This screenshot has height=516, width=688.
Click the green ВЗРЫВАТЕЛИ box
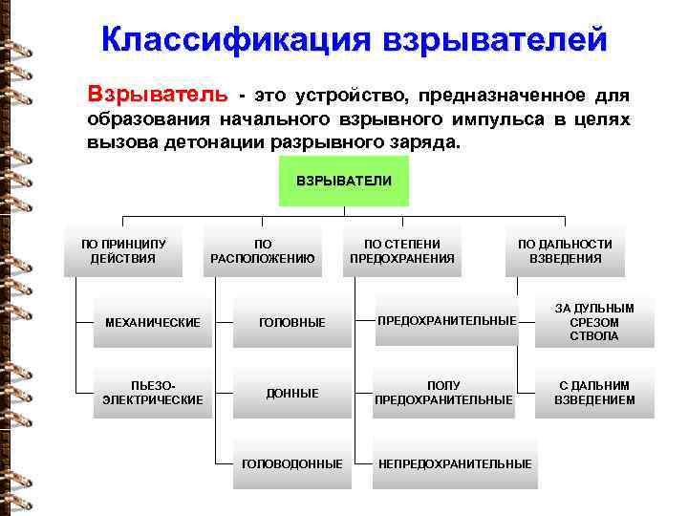[343, 181]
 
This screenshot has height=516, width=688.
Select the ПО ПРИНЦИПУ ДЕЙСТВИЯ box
[122, 251]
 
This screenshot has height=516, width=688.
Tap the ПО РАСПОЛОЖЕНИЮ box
[262, 251]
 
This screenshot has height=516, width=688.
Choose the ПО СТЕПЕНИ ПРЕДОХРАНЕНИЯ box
[402, 251]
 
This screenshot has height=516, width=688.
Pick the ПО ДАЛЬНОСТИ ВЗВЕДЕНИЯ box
[565, 251]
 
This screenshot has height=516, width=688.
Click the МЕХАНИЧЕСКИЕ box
[153, 323]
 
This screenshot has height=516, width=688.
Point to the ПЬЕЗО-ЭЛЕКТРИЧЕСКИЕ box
[153, 393]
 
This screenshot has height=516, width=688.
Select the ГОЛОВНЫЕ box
[292, 323]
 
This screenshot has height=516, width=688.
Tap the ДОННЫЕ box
[292, 393]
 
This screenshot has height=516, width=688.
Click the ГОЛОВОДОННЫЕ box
[292, 463]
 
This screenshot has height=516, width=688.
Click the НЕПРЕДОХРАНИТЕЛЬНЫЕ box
[455, 463]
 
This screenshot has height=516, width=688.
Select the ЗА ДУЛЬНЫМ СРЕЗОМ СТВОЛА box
[594, 321]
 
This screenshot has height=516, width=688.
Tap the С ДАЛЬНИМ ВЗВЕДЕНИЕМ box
[594, 393]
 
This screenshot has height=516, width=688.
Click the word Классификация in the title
[235, 41]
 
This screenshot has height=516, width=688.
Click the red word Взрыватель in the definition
[158, 96]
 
